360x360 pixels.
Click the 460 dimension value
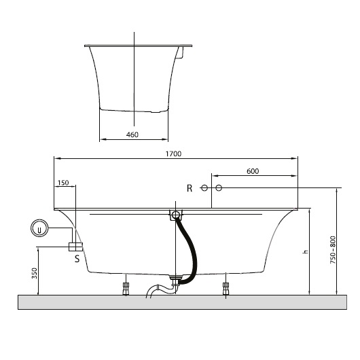tap(132, 134)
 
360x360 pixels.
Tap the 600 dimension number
tap(253, 172)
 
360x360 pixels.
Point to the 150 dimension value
tap(64, 182)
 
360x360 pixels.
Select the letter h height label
tap(306, 252)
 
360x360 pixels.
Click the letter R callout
tap(190, 187)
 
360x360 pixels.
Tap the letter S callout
tap(77, 258)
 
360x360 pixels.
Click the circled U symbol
tap(39, 229)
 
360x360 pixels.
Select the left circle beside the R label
tap(204, 187)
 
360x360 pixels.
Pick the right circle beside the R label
tap(218, 187)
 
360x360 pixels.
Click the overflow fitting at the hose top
tap(175, 215)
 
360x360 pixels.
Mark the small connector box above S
tap(75, 246)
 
